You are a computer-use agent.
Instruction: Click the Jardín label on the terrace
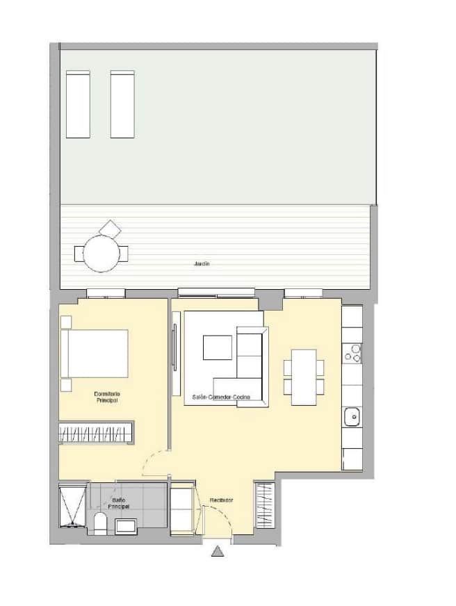pyautogui.click(x=202, y=264)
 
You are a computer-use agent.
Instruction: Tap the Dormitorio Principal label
pyautogui.click(x=106, y=398)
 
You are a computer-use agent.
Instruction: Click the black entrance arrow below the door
pyautogui.click(x=218, y=551)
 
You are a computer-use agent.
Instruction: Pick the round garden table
pyautogui.click(x=101, y=252)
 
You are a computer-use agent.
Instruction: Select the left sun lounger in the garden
pyautogui.click(x=78, y=104)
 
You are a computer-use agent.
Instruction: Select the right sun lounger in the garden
pyautogui.click(x=122, y=104)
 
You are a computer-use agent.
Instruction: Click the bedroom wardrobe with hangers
pyautogui.click(x=96, y=433)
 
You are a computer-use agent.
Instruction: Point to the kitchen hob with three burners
pyautogui.click(x=352, y=354)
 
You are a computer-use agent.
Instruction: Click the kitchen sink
pyautogui.click(x=352, y=417)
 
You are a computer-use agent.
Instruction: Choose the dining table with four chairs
pyautogui.click(x=304, y=377)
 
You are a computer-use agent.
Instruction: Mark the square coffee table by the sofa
pyautogui.click(x=218, y=347)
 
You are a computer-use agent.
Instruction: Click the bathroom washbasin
pyautogui.click(x=126, y=526)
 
